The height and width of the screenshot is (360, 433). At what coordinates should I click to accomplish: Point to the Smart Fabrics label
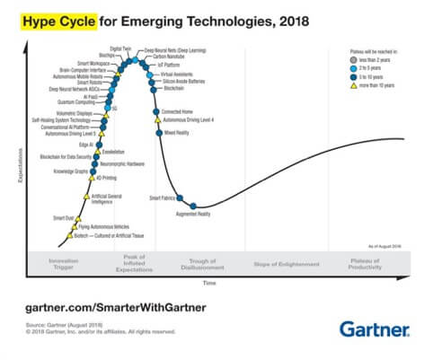coord(162,197)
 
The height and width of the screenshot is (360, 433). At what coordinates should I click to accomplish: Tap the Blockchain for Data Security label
coord(66,156)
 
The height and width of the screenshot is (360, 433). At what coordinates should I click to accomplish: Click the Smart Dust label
coord(63,217)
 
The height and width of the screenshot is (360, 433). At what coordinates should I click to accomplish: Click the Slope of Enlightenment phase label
coord(287,265)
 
